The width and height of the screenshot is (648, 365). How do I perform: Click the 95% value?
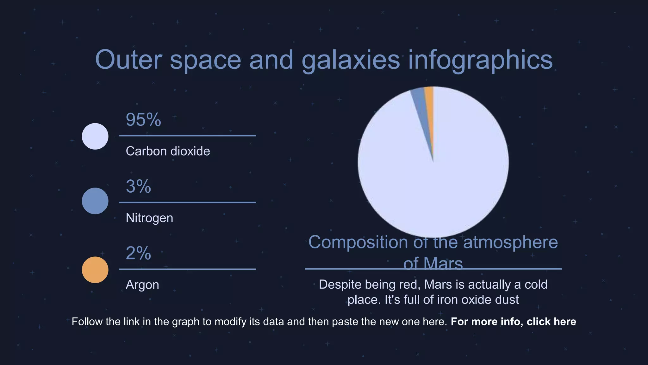143,120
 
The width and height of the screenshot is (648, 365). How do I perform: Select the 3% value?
138,186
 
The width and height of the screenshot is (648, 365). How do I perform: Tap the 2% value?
138,253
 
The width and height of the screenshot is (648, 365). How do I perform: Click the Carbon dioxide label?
168,151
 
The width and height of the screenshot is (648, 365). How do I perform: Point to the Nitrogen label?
149,218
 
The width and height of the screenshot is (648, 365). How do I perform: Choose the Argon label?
142,285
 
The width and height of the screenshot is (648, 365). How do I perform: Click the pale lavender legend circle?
95,136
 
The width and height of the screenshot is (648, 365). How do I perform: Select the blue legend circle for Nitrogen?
95,201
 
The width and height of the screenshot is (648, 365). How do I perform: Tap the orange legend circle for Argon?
95,270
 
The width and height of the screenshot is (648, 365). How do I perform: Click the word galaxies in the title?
351,60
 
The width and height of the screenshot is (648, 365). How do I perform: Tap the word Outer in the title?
128,60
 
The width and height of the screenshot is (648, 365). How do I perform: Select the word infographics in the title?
480,60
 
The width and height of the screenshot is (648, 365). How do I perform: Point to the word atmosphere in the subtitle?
510,242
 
